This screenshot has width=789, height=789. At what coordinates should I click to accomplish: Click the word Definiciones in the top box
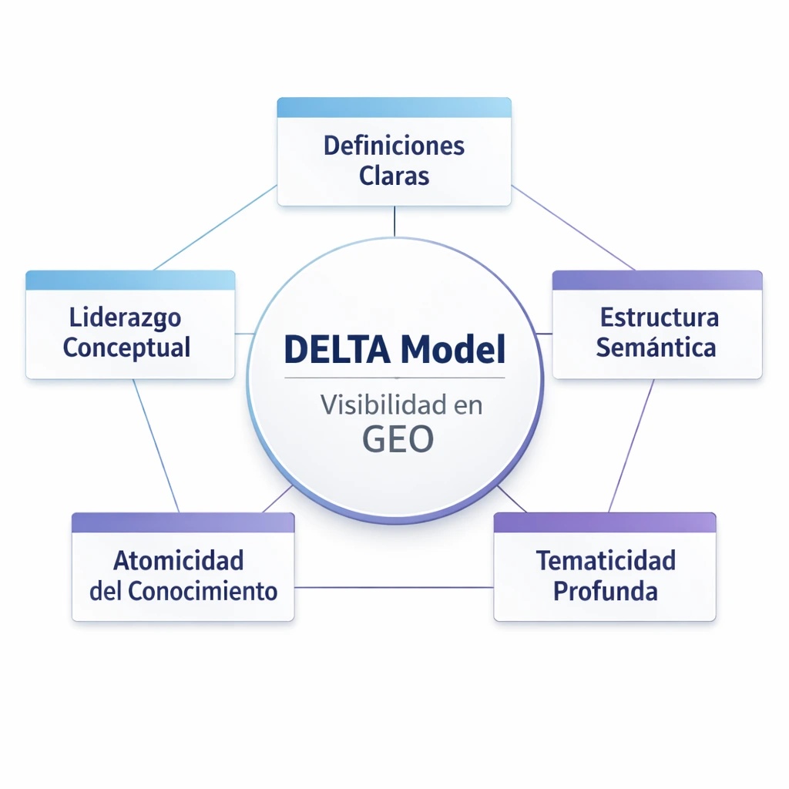[x=394, y=145]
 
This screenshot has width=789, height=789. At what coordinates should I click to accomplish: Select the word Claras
[x=394, y=176]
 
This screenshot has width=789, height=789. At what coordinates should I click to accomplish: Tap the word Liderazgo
[x=125, y=317]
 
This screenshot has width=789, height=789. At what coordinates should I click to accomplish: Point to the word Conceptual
[x=126, y=347]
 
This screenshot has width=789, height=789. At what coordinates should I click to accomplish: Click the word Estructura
[x=659, y=317]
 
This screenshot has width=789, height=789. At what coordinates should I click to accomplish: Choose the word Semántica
[x=656, y=347]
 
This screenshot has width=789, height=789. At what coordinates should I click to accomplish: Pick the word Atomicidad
[x=178, y=560]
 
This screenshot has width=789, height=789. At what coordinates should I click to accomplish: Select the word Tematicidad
[x=606, y=560]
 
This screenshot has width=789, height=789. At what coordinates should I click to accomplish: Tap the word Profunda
[x=606, y=591]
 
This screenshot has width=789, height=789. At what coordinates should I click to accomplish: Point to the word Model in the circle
[x=452, y=351]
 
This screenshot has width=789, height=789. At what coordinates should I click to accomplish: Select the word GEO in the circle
[x=398, y=439]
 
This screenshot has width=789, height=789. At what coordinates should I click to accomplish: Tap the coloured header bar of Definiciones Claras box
[x=394, y=108]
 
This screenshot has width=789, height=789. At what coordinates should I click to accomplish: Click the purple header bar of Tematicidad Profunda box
[x=605, y=522]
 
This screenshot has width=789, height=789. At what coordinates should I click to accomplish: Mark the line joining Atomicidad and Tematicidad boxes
[x=393, y=587]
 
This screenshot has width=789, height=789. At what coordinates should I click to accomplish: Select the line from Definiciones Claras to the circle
[x=394, y=221]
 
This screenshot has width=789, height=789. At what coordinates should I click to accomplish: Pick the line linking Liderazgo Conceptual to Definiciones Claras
[x=216, y=227]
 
